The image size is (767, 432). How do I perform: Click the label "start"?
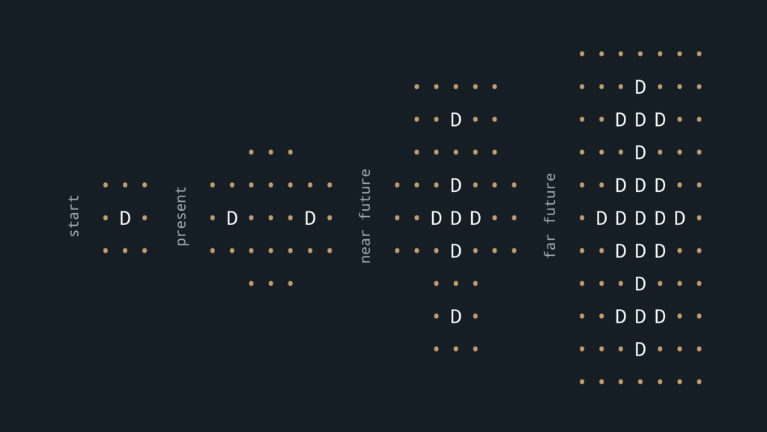(73, 217)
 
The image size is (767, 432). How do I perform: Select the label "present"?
(181, 217)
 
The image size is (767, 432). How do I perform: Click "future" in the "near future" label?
(366, 194)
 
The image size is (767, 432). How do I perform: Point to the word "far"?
(551, 246)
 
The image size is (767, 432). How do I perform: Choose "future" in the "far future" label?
(551, 198)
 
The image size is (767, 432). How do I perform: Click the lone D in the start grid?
(125, 218)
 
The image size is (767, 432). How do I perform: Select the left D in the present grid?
(232, 218)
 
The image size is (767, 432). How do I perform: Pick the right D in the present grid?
(310, 218)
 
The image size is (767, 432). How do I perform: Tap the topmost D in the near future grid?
(455, 120)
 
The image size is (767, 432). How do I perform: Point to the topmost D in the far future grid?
(640, 87)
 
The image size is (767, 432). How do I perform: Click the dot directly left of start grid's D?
(106, 218)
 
